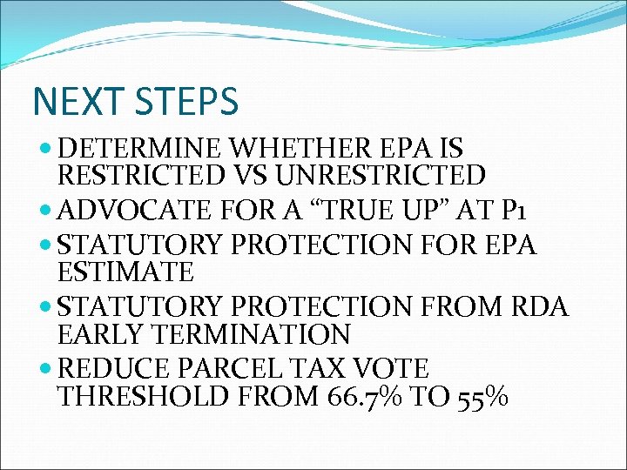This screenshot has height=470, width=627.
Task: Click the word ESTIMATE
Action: click(x=125, y=272)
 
